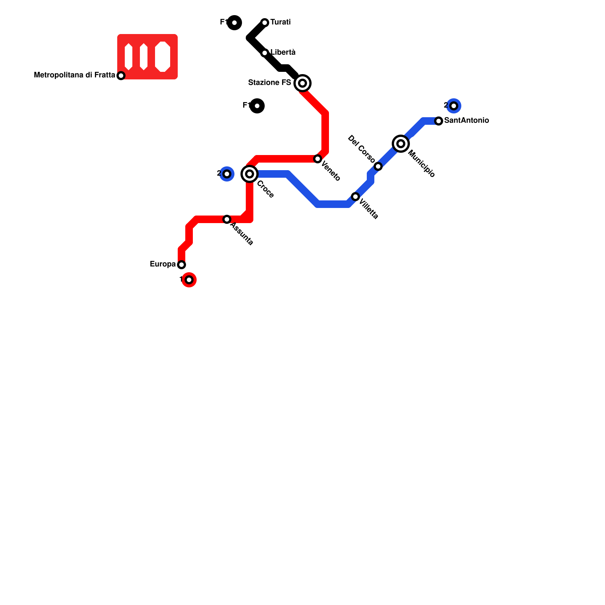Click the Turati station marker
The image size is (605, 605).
[x=265, y=23]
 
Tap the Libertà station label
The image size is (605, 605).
[x=283, y=53]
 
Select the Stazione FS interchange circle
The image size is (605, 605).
[x=302, y=83]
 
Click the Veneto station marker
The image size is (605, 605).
[x=318, y=159]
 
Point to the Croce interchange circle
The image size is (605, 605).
[x=250, y=174]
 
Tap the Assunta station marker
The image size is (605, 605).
[x=227, y=219]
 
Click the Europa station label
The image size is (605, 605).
[x=163, y=264]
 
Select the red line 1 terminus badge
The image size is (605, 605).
[x=189, y=280]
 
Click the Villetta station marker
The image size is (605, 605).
[x=355, y=197]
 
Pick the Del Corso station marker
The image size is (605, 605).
[x=378, y=166]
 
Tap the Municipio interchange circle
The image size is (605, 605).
[x=401, y=144]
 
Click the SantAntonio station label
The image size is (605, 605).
[x=467, y=121]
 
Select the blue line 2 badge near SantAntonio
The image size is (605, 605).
[x=454, y=106]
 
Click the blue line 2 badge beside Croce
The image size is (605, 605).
[x=227, y=174]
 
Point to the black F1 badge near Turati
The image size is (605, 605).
[x=234, y=23]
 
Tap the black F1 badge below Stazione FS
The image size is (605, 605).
[x=257, y=106]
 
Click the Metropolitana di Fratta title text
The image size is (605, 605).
[x=74, y=75]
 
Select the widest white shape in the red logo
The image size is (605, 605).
[x=163, y=57]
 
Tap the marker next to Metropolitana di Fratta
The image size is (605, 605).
[x=121, y=76]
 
